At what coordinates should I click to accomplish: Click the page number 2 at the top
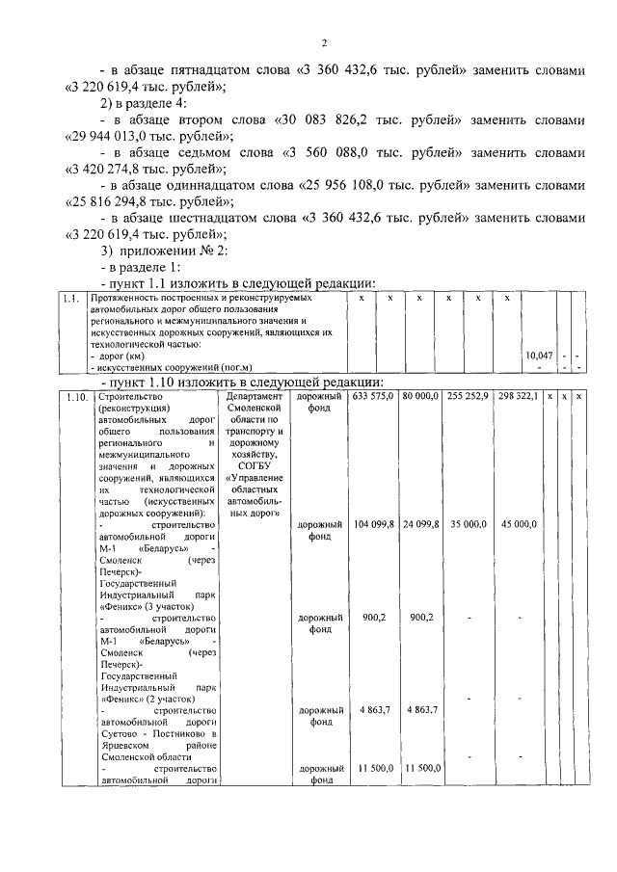pyautogui.click(x=325, y=42)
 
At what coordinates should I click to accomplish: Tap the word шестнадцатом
pyautogui.click(x=217, y=217)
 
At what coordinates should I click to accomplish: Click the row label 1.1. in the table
pyautogui.click(x=69, y=300)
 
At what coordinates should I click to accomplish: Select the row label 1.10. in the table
pyautogui.click(x=78, y=397)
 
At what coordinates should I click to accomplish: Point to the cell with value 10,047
pyautogui.click(x=539, y=356)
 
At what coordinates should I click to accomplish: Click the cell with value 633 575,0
pyautogui.click(x=373, y=397)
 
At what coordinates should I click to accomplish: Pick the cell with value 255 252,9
pyautogui.click(x=468, y=397)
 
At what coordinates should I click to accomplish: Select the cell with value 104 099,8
pyautogui.click(x=373, y=524)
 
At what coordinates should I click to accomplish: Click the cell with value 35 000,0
pyautogui.click(x=468, y=524)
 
